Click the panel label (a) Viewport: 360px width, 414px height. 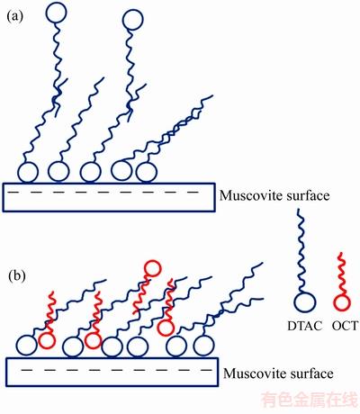(14, 16)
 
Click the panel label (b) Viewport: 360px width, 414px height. (17, 276)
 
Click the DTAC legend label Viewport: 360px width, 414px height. (305, 326)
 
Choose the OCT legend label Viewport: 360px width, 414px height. (345, 326)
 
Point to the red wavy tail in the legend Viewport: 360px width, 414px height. (342, 274)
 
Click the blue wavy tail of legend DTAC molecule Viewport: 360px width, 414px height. (301, 250)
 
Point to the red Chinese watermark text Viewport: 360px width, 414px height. (310, 400)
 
